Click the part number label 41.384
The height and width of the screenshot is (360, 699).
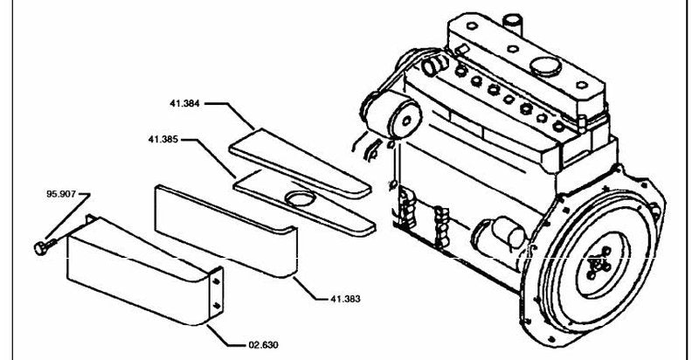184,104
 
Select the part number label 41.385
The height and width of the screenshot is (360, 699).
163,140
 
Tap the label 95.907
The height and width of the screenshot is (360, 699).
61,194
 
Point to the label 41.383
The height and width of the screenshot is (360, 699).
345,299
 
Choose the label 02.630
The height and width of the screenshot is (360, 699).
263,345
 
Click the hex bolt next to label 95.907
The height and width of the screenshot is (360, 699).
45,246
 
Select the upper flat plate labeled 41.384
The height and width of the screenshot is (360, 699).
300,163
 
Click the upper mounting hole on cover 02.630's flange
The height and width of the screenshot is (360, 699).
216,281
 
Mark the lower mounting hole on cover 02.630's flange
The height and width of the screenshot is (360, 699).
216,305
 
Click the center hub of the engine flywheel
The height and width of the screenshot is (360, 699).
599,264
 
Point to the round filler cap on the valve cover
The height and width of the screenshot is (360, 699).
545,66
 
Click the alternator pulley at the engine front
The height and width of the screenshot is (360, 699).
405,120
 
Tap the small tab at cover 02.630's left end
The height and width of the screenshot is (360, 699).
90,218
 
